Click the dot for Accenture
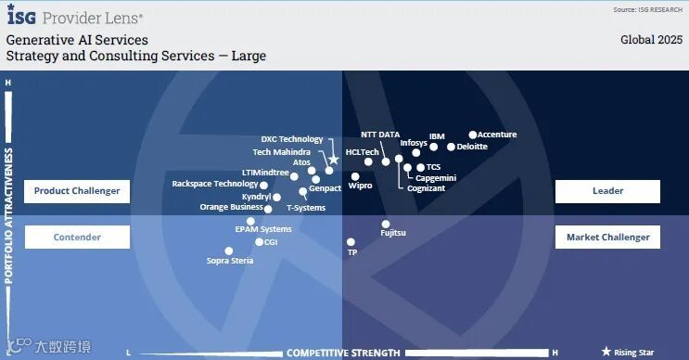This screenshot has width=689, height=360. click(x=473, y=135)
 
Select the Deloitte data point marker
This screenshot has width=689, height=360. click(x=451, y=147)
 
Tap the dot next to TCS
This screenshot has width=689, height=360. click(x=420, y=167)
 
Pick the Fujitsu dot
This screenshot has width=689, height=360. click(x=386, y=225)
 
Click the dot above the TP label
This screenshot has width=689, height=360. click(x=351, y=242)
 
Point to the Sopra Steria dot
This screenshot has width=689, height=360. click(x=229, y=251)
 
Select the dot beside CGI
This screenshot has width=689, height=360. click(x=260, y=242)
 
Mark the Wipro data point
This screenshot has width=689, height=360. click(x=355, y=176)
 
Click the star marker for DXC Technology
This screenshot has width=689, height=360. click(x=334, y=160)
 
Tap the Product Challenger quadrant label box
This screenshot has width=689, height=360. click(x=77, y=191)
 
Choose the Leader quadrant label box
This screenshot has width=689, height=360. click(x=607, y=191)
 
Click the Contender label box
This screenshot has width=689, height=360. click(x=77, y=237)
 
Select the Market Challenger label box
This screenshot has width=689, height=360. click(x=607, y=237)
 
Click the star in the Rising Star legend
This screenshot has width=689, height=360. click(x=606, y=352)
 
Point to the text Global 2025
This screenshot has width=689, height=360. click(x=651, y=40)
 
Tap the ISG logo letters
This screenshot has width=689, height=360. click(x=21, y=16)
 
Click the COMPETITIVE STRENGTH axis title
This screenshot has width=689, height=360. click(x=344, y=353)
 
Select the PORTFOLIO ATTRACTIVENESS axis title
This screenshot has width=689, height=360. click(x=8, y=215)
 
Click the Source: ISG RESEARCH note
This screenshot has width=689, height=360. click(x=647, y=9)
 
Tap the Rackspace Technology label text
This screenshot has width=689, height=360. click(x=215, y=184)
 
